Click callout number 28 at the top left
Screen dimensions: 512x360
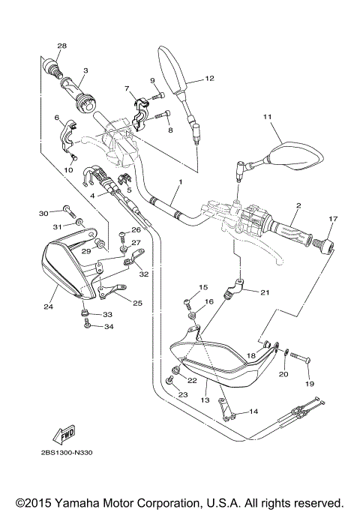pos(61,46)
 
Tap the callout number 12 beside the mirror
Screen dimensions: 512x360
pos(209,78)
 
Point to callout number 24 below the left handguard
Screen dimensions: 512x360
pos(49,306)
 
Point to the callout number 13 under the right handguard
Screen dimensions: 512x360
pos(204,400)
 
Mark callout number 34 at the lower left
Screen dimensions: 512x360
pos(108,326)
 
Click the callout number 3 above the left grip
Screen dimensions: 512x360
pos(85,71)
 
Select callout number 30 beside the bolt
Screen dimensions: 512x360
pos(43,213)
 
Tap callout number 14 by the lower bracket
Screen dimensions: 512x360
pos(253,411)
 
